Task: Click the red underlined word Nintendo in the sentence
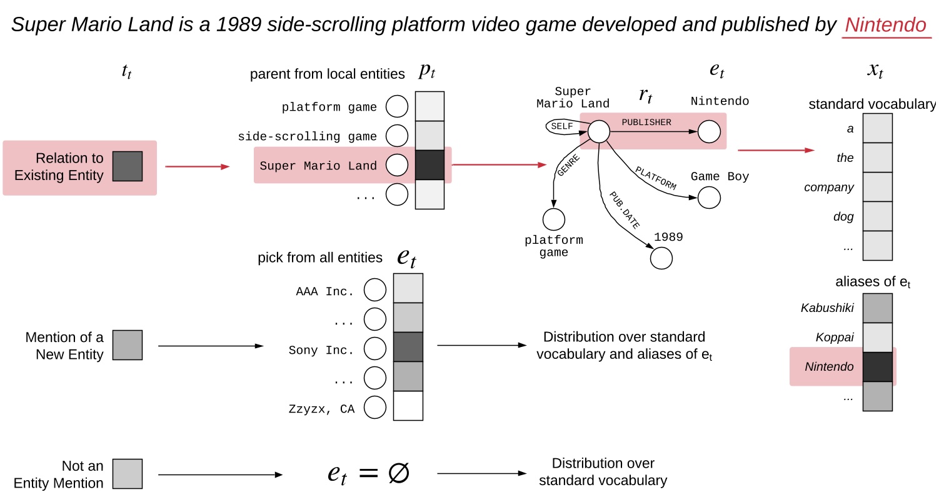coord(885,25)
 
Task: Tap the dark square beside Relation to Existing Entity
coord(128,166)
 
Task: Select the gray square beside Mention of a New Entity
coord(128,345)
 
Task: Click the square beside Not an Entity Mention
coord(128,474)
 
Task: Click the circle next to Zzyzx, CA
coord(375,408)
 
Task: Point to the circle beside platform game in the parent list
coord(396,107)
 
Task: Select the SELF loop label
coord(561,126)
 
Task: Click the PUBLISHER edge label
coord(646,123)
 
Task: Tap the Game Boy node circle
coord(709,198)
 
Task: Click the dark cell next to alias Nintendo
coord(877,366)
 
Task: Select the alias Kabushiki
coord(827,308)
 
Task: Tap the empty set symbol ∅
coord(398,473)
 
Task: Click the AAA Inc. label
coord(325,291)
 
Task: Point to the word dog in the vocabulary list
coord(844,217)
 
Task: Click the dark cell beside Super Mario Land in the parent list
coord(429,165)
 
